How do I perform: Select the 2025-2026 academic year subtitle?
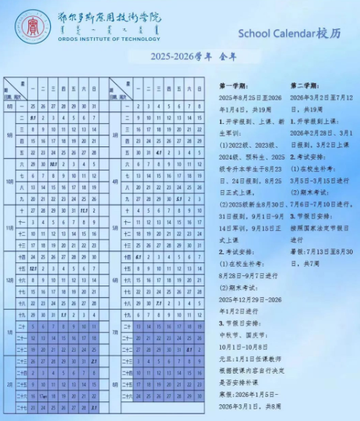click(x=180, y=56)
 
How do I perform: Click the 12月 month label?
click(x=10, y=279)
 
